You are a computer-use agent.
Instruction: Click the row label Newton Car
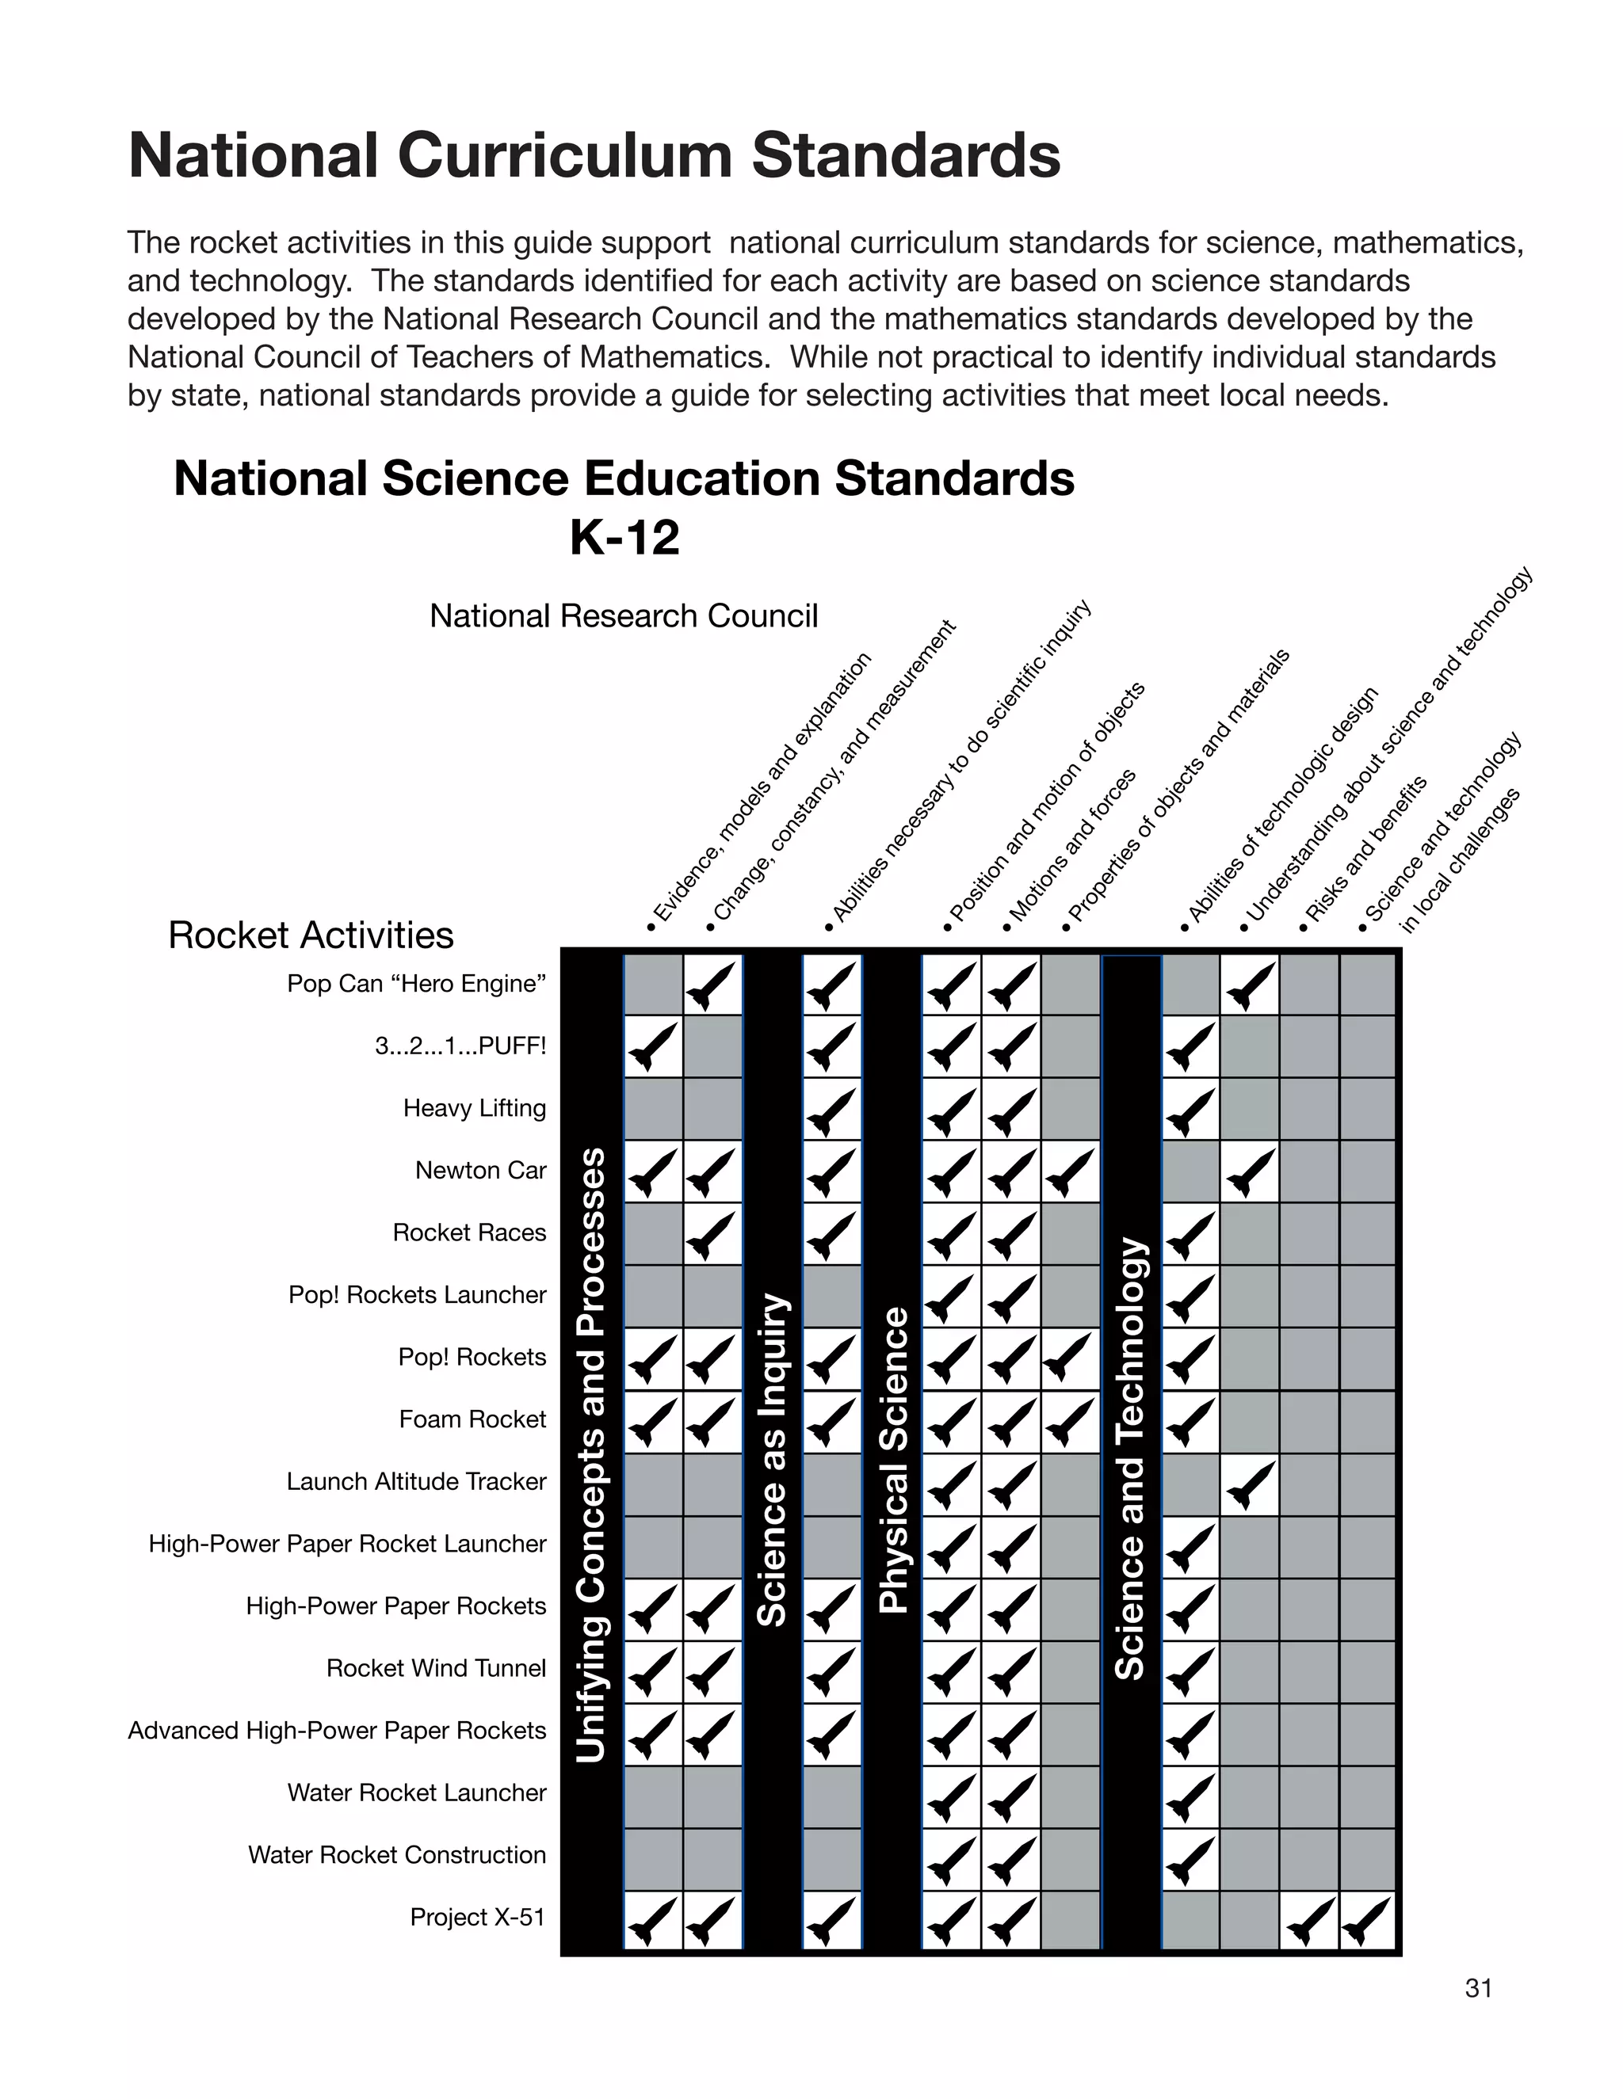481,1171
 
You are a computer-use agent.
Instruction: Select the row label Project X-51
477,1918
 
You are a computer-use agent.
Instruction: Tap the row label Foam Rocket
472,1419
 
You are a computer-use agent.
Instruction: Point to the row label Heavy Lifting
474,1108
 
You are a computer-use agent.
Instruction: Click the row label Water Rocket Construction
396,1855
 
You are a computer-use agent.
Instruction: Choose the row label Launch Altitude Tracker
415,1482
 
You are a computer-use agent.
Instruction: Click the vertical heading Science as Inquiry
772,1460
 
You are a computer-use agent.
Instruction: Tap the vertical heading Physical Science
893,1460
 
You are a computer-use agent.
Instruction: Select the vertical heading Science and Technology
1131,1460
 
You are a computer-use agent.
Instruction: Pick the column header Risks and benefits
1365,851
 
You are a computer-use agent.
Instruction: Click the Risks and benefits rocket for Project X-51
1308,1920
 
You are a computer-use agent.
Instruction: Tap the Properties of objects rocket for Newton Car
1070,1171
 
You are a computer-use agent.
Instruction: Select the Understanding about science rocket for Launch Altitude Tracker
1249,1483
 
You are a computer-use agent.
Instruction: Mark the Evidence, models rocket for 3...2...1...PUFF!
653,1046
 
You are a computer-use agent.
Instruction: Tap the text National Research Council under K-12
623,616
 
